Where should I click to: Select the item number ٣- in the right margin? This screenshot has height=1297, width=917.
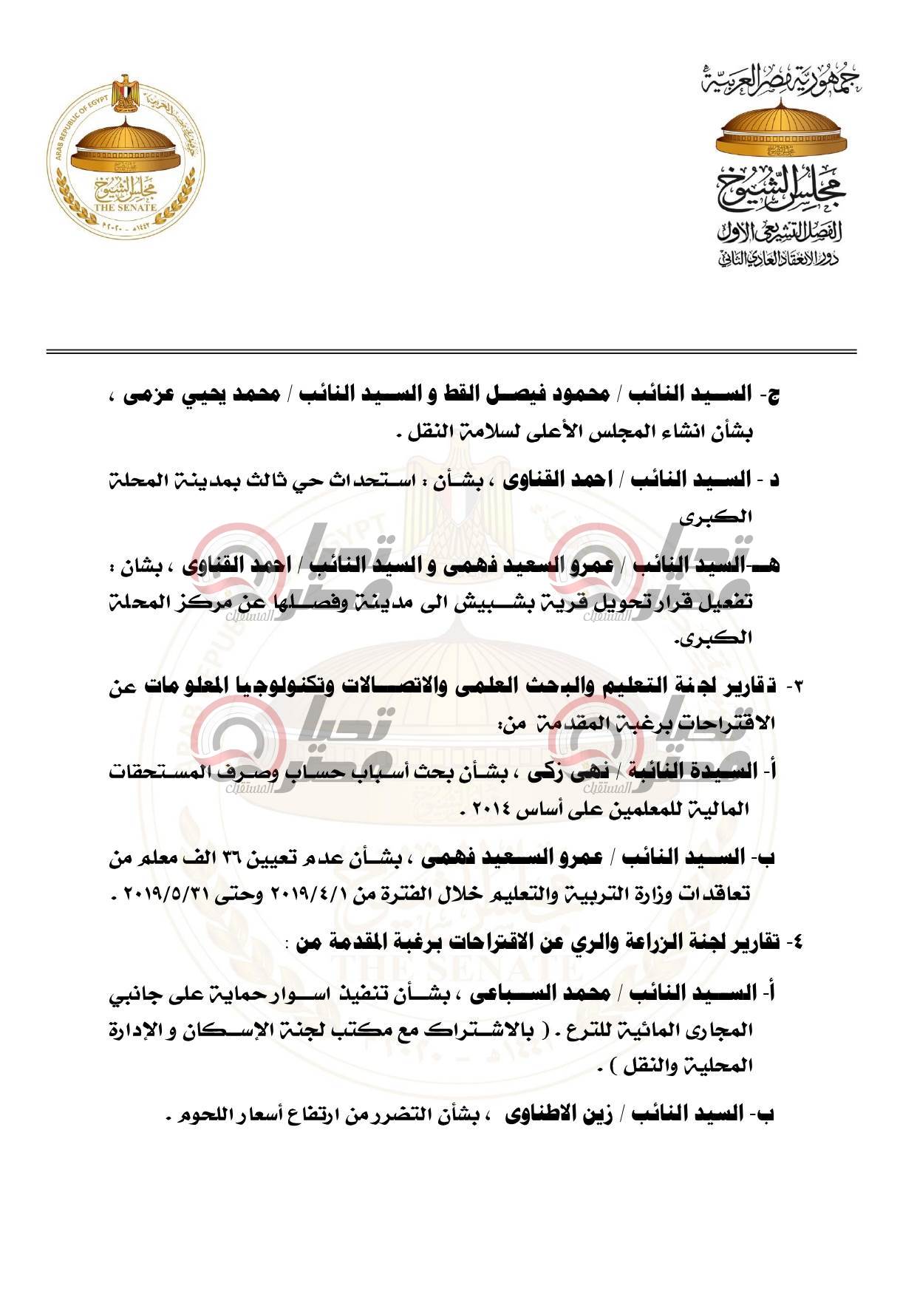pyautogui.click(x=795, y=688)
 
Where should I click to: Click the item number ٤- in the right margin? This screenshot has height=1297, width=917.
pyautogui.click(x=795, y=944)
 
